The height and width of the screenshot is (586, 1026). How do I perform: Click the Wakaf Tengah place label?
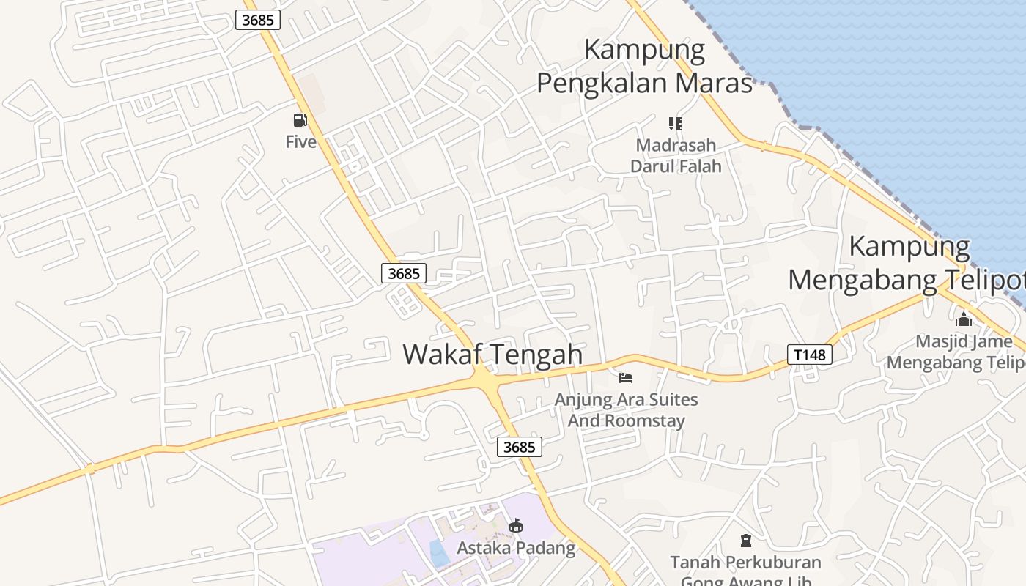492,355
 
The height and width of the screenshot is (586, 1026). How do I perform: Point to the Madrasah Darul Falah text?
676,155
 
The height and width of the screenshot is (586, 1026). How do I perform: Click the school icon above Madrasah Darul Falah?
675,124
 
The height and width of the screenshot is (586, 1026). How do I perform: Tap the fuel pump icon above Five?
300,120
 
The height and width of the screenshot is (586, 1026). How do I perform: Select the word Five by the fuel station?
300,141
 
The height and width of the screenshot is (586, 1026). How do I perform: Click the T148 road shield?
810,355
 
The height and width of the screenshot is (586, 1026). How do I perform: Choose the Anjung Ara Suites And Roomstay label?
626,410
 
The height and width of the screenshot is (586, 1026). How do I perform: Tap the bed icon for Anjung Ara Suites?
626,378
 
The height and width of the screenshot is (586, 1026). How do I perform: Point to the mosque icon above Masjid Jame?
964,319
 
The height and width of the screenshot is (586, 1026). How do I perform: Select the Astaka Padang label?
516,548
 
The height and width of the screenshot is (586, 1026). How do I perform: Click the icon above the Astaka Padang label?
516,525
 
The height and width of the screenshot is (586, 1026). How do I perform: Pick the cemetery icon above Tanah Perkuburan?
746,541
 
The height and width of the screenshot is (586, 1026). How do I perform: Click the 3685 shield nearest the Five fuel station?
258,20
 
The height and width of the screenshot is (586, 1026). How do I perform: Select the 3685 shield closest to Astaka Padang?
520,446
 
